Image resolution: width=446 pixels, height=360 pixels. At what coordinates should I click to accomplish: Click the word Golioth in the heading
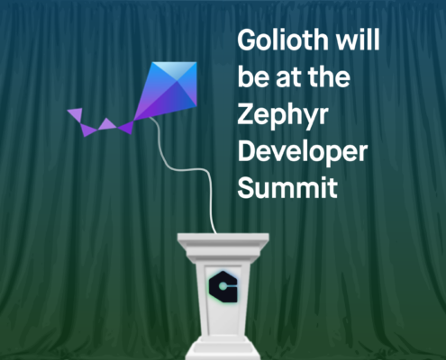[x=283, y=40]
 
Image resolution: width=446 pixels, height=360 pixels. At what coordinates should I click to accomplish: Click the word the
[x=329, y=76]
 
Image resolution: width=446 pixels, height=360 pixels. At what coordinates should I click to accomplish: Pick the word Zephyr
[x=283, y=116]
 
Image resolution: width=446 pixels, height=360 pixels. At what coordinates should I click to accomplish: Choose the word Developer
[x=303, y=153]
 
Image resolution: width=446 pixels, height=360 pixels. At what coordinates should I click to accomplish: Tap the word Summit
[x=287, y=187]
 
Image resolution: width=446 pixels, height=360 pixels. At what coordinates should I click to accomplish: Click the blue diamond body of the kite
[x=167, y=90]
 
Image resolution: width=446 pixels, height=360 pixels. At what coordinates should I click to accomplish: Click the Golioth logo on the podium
[x=223, y=287]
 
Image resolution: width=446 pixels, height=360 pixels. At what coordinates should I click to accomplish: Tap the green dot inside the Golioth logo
[x=222, y=287]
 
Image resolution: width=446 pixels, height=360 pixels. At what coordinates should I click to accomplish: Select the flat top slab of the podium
[x=223, y=239]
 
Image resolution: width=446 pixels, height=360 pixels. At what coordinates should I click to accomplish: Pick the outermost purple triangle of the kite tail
[x=76, y=114]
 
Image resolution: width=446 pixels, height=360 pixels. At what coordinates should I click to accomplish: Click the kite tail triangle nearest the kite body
[x=126, y=128]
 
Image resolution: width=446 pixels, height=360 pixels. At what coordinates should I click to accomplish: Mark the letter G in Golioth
[x=248, y=40]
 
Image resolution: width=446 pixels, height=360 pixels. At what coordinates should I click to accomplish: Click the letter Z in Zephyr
[x=247, y=114]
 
